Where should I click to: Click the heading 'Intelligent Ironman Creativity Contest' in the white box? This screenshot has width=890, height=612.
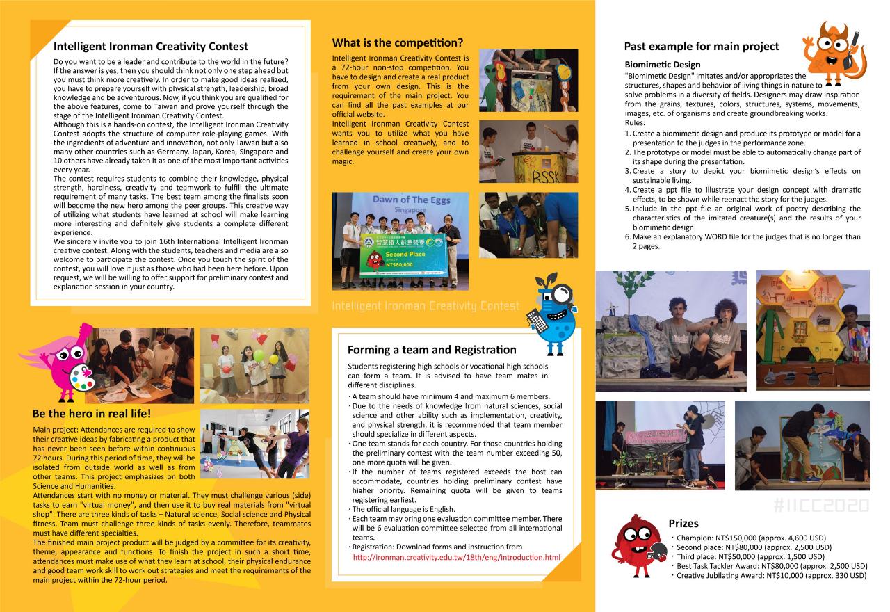[151, 47]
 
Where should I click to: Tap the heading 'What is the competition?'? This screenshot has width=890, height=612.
[397, 42]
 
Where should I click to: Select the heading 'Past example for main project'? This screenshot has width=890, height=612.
[701, 47]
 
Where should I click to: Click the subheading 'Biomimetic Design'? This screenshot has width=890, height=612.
[663, 65]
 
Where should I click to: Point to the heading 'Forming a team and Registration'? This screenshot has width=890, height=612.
[432, 350]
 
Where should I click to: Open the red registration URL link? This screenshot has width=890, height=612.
[456, 557]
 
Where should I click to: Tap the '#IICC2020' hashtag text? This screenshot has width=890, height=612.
[820, 506]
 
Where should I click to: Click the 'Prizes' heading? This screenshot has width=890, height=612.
[683, 523]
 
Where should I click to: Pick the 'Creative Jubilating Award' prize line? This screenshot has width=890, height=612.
[771, 575]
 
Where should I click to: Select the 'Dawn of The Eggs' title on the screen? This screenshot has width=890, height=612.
[405, 200]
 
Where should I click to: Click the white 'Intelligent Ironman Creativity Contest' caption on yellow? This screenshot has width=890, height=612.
[426, 306]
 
